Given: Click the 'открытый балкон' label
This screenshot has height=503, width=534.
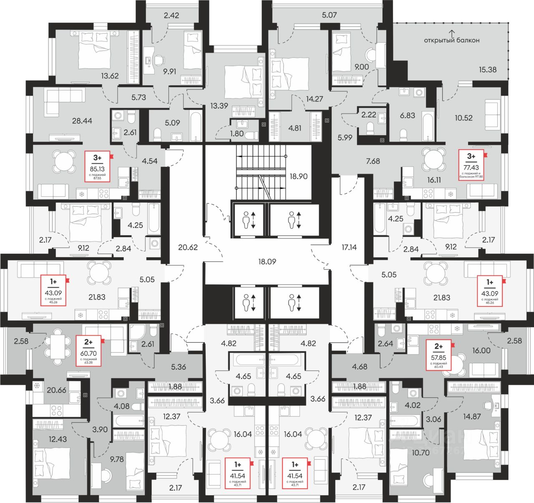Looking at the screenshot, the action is click(451, 40).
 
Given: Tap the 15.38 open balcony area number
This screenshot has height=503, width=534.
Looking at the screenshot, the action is click(487, 70).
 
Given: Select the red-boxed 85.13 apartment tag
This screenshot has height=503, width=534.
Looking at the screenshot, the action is click(97, 166).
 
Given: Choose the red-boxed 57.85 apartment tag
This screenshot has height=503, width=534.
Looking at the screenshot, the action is click(438, 355).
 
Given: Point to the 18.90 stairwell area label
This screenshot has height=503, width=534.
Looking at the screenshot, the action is click(298, 176).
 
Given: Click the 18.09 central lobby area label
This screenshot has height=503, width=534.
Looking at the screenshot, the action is click(267, 262).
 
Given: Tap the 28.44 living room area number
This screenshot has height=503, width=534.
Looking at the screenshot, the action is click(82, 121).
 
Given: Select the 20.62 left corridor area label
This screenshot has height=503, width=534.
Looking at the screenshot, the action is click(188, 247).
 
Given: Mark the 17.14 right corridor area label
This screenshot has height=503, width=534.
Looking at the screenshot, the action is click(349, 247).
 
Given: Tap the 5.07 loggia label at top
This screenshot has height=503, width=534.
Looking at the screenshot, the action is click(329, 15).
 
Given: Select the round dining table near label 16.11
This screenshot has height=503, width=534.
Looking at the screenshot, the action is click(434, 160).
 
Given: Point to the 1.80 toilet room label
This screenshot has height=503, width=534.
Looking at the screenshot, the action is click(237, 134).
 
